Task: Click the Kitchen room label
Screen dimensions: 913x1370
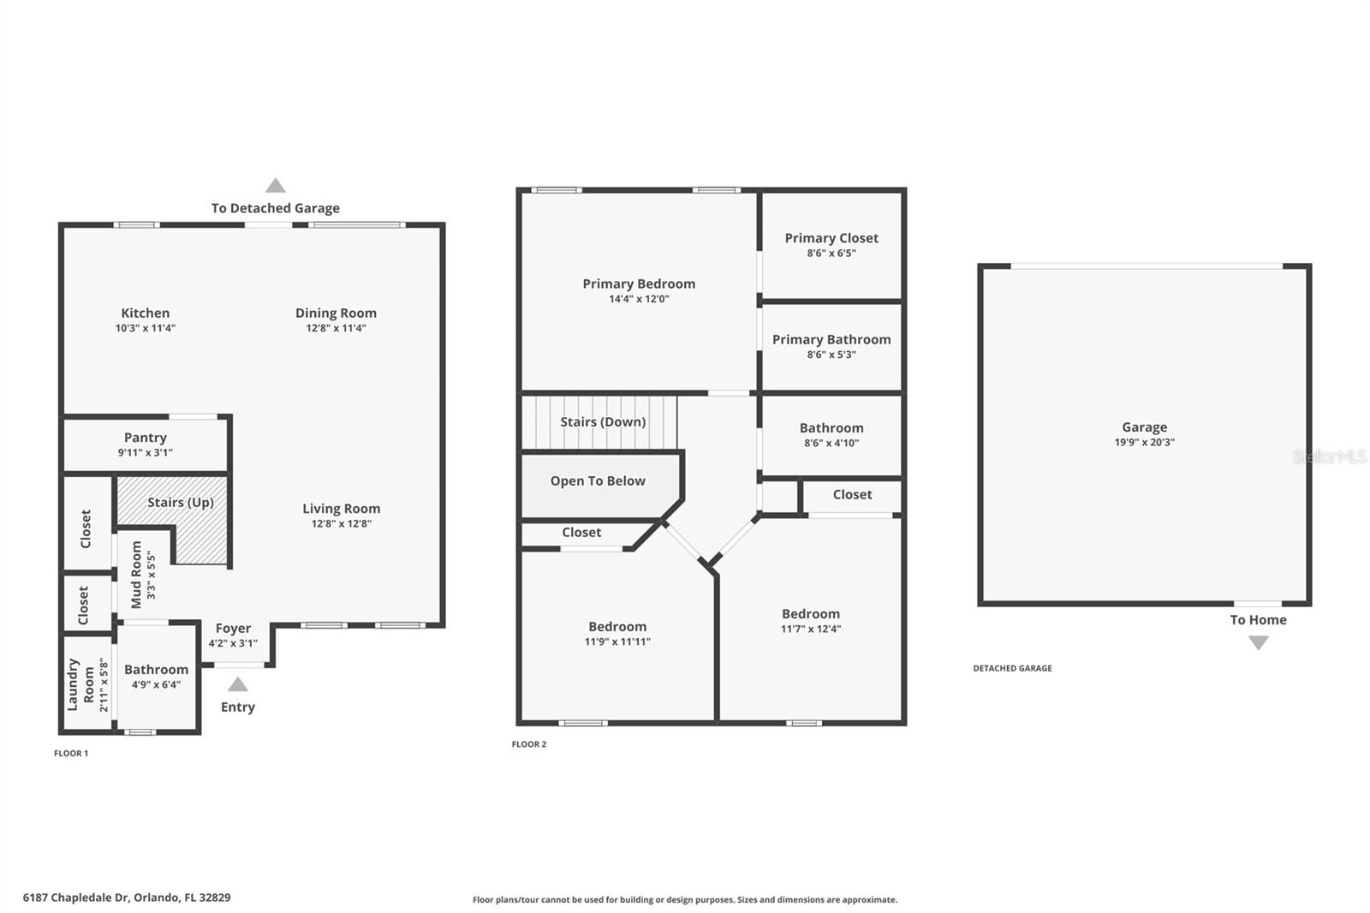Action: point(145,313)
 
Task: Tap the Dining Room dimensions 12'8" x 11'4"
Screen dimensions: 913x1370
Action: point(336,328)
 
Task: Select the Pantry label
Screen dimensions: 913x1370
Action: point(145,438)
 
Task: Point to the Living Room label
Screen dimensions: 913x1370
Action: point(341,509)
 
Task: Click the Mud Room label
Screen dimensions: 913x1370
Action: point(136,575)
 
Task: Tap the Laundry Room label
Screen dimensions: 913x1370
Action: point(80,684)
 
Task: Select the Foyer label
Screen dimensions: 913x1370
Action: point(233,629)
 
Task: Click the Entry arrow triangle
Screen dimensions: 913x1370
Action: point(238,684)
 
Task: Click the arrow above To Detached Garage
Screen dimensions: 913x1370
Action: point(275,186)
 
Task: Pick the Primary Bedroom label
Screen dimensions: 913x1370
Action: point(639,283)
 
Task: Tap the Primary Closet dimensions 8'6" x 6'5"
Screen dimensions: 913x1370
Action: point(831,254)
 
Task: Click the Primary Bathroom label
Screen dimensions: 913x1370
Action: point(831,339)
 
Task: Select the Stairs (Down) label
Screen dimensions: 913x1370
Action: point(603,421)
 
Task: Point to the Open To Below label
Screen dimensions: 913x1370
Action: point(598,481)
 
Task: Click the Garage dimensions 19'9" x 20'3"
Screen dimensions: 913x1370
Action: point(1144,443)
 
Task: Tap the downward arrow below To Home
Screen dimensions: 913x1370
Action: point(1258,643)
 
